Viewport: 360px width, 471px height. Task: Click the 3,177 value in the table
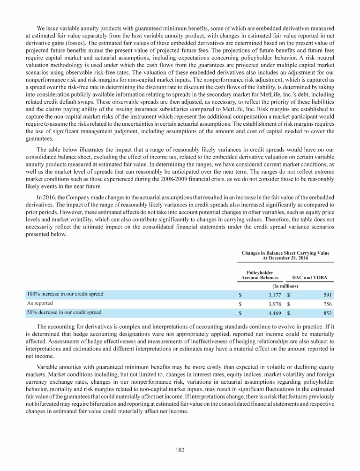tap(274, 295)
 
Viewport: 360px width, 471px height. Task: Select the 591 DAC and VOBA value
tap(328, 295)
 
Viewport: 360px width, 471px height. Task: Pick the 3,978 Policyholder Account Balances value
tap(274, 304)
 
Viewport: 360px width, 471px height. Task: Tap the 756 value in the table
tap(328, 304)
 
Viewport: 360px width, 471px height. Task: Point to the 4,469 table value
tap(274, 312)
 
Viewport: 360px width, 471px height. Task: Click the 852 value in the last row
tap(328, 312)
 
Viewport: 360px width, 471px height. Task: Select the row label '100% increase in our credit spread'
tap(65, 294)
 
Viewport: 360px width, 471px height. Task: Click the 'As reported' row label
tap(39, 303)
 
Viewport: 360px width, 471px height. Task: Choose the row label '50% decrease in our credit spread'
tap(64, 312)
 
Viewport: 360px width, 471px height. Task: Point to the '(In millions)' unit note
tap(286, 286)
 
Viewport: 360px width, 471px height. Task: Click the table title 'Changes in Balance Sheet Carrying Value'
tap(285, 253)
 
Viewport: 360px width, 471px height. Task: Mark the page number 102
tap(180, 450)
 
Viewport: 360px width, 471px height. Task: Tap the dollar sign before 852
tap(289, 312)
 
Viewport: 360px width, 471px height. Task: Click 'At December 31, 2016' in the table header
tap(285, 258)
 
